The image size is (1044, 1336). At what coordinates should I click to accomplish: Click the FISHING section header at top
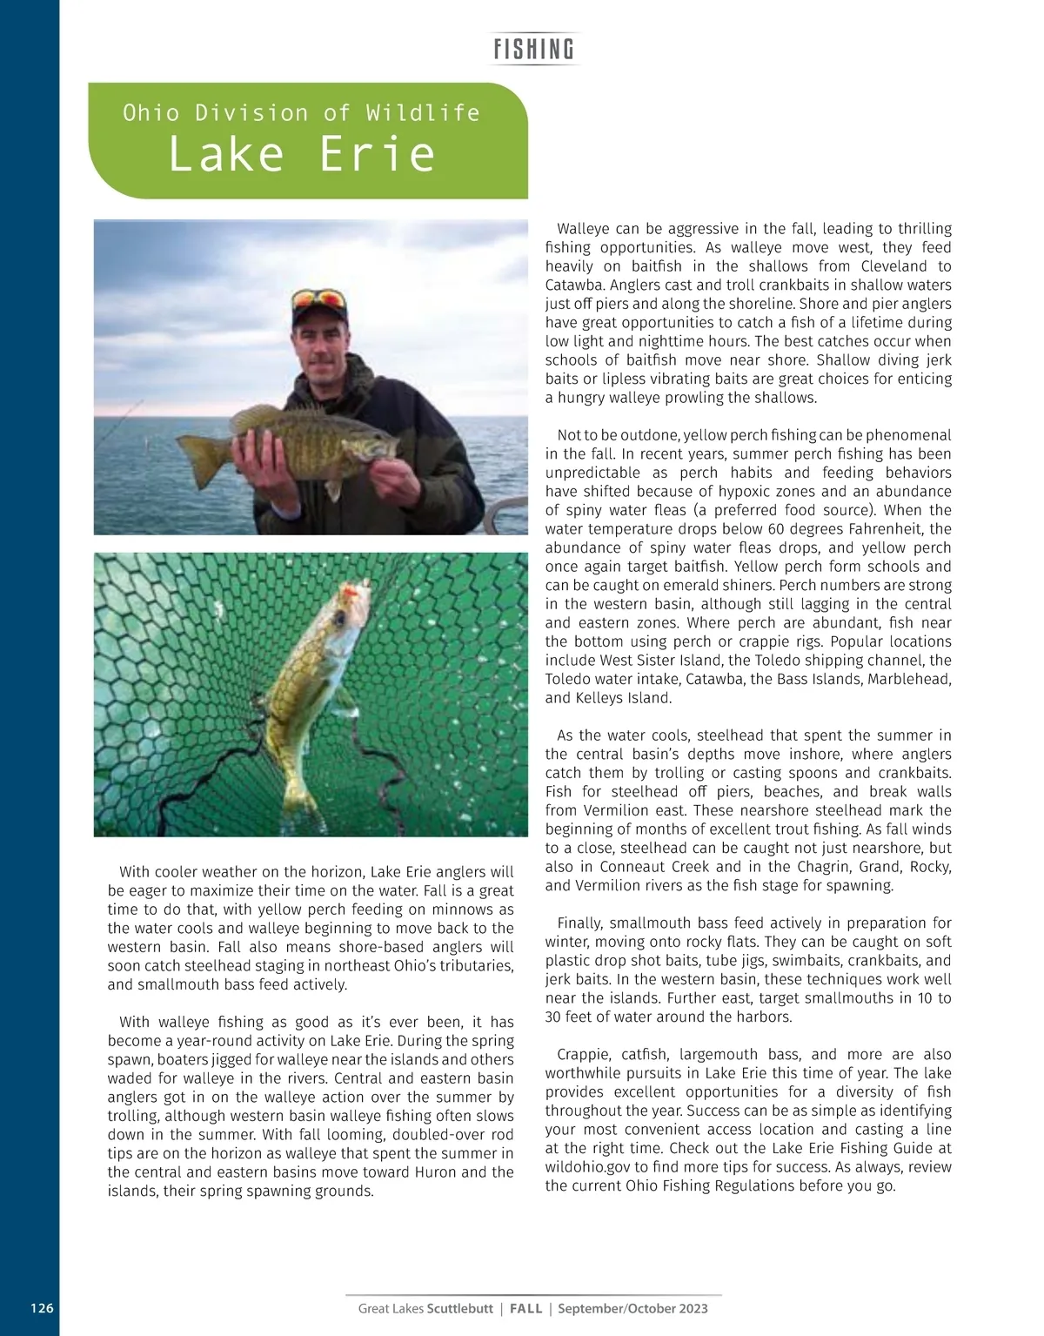(x=533, y=50)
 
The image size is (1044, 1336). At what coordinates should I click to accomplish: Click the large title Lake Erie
(x=301, y=154)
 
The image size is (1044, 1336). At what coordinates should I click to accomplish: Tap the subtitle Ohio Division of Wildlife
(x=301, y=113)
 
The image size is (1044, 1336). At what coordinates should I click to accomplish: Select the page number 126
(x=42, y=1308)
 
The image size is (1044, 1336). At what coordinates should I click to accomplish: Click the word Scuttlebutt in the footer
(x=459, y=1308)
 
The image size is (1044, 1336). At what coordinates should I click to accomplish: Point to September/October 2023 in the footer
(x=632, y=1308)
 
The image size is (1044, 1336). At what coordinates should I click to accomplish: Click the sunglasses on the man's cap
(x=318, y=299)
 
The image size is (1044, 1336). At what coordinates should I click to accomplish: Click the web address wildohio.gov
(x=586, y=1167)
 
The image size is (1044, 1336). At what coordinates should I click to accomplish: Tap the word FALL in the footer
(x=525, y=1308)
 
